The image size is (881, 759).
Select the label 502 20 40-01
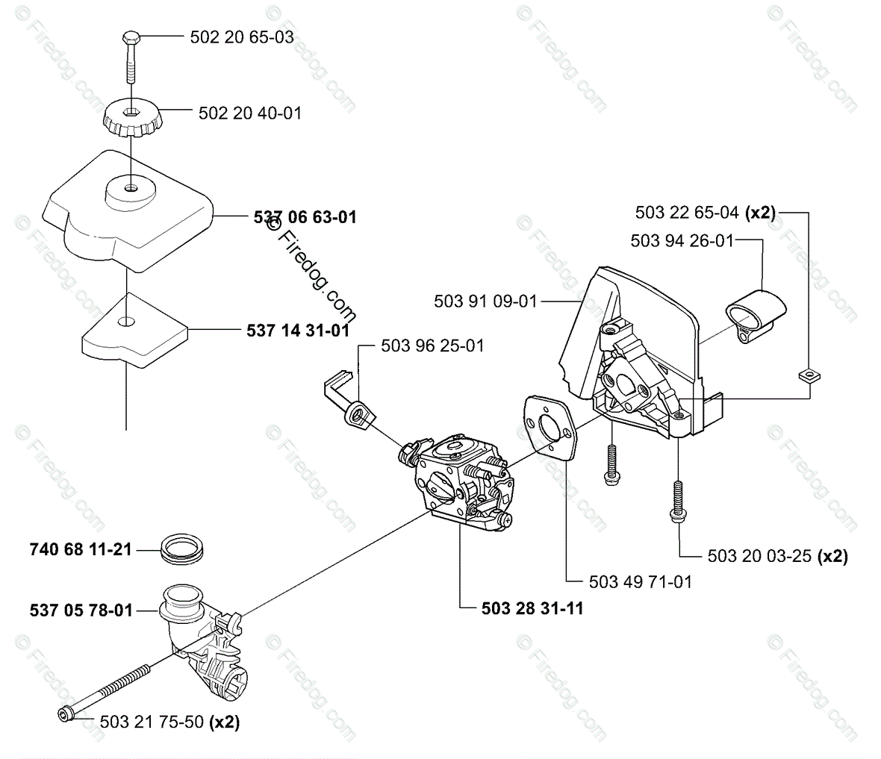tap(250, 113)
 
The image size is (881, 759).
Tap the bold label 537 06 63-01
tap(305, 217)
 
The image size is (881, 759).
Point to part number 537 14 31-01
tap(298, 329)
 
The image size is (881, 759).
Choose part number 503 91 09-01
tap(485, 301)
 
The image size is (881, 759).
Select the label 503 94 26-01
tap(682, 240)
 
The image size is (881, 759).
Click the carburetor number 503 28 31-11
tap(532, 608)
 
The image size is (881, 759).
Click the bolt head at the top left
tap(129, 37)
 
